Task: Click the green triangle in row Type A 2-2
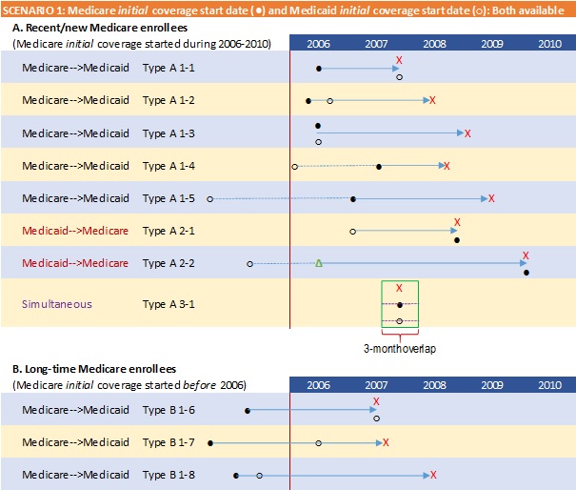318,262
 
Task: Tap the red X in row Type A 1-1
399,60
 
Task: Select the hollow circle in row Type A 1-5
209,198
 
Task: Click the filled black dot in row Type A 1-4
379,166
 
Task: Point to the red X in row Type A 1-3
467,133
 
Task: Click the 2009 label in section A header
492,44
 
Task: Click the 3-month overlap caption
400,349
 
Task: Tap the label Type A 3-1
169,304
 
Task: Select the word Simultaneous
57,304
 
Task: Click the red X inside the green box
399,287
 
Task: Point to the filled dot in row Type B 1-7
210,442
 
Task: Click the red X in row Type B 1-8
433,474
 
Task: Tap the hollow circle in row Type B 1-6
376,419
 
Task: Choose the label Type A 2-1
169,231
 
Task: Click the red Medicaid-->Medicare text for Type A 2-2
75,262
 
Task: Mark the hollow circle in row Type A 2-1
353,231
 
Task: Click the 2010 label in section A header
549,44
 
